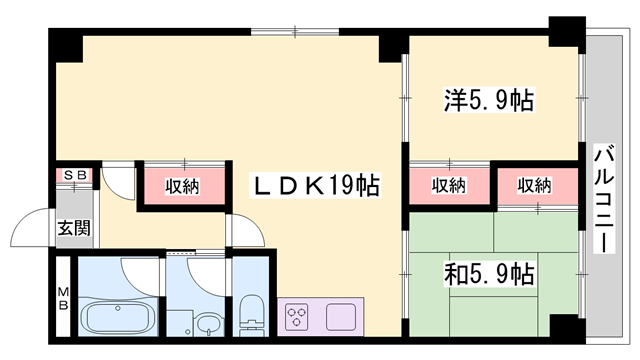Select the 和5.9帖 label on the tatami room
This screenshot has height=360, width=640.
488,271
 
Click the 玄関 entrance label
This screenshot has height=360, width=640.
72,227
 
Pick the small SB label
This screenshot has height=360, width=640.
76,176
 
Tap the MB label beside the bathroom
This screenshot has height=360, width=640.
62,298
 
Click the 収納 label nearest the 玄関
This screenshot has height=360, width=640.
182,185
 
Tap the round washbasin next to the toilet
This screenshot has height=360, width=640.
208,323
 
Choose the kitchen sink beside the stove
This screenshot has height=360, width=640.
341,318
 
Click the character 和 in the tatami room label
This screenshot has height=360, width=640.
454,271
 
